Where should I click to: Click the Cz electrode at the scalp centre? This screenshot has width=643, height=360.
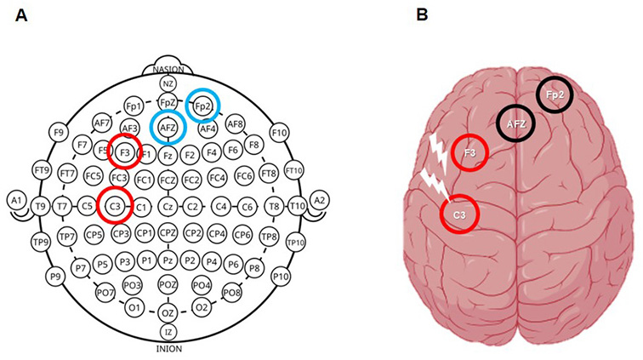click(x=168, y=205)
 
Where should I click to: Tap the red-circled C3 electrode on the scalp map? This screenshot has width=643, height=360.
click(x=115, y=205)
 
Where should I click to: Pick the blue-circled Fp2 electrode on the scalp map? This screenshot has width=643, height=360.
click(x=202, y=106)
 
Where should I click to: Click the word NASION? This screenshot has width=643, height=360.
click(x=168, y=69)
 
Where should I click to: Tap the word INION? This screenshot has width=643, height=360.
click(x=168, y=347)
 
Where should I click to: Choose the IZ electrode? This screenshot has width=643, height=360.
click(x=168, y=331)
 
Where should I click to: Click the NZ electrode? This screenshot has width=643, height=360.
click(x=168, y=83)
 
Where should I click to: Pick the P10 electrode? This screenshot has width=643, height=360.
click(x=279, y=277)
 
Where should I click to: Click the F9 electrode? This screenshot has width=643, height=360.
click(x=58, y=133)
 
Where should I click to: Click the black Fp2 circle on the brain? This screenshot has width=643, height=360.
click(x=554, y=96)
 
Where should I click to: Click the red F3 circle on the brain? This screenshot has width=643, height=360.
click(x=469, y=154)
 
